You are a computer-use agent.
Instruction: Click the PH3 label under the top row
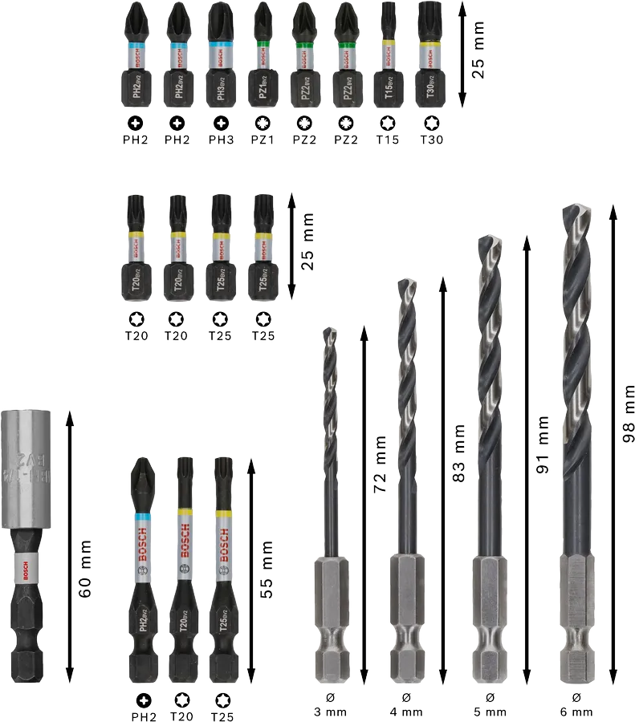pos(219,140)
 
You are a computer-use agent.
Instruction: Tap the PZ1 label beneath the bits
pos(262,140)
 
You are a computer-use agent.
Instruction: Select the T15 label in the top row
pos(388,140)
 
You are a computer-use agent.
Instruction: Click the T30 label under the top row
pos(430,140)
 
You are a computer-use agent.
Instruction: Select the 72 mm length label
pos(380,464)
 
